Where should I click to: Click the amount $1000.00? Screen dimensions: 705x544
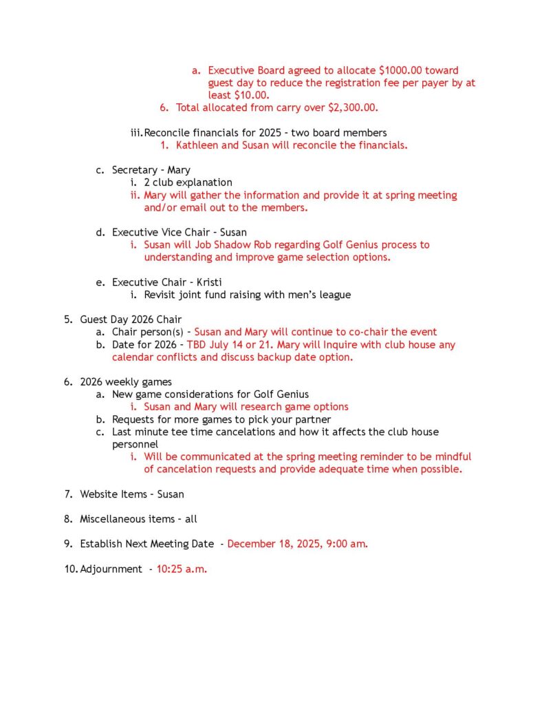(x=402, y=70)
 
